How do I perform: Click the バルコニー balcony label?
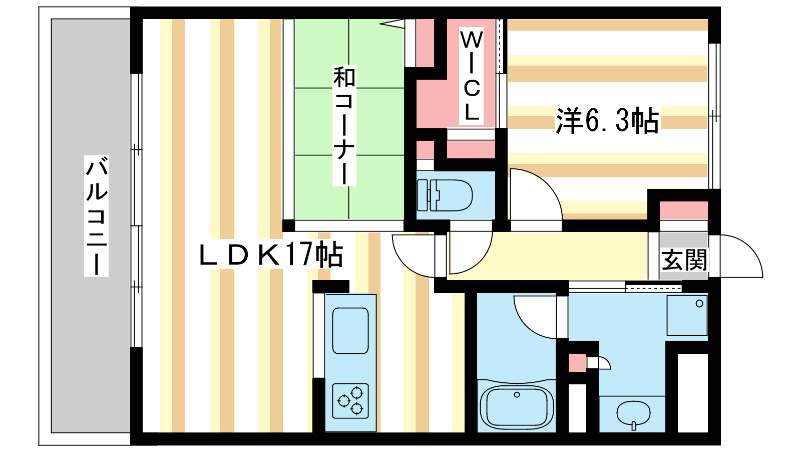point(96,216)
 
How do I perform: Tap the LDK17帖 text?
point(271,255)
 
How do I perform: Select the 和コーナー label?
point(344,125)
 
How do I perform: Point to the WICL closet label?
point(471,76)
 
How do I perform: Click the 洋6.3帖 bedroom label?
point(607,120)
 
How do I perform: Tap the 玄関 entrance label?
point(684,260)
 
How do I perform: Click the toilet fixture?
point(445,195)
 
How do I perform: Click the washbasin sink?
point(633,414)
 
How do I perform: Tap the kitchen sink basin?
point(350,331)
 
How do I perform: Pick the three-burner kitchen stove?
point(350,401)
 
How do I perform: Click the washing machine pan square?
point(687,315)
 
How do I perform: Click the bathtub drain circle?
point(517,395)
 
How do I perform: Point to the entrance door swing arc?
point(741,256)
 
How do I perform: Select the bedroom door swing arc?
point(536,194)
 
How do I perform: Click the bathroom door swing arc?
point(535,317)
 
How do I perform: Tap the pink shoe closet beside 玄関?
point(684,210)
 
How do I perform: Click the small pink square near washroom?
point(578,363)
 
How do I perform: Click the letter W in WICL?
point(472,40)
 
